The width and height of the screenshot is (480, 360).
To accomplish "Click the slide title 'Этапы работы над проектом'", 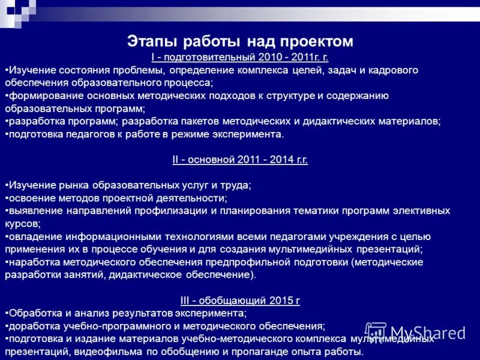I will pos(240,41).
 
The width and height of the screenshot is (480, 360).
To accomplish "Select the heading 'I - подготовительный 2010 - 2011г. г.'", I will pos(240,58).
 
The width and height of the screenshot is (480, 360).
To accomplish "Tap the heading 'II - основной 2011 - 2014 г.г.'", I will pos(240,160).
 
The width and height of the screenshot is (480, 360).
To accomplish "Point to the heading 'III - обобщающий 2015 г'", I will pos(240,301).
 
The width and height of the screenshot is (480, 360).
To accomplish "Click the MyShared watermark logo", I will pos(415,332).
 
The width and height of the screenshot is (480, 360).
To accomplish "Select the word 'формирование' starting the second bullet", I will pos(38,96).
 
